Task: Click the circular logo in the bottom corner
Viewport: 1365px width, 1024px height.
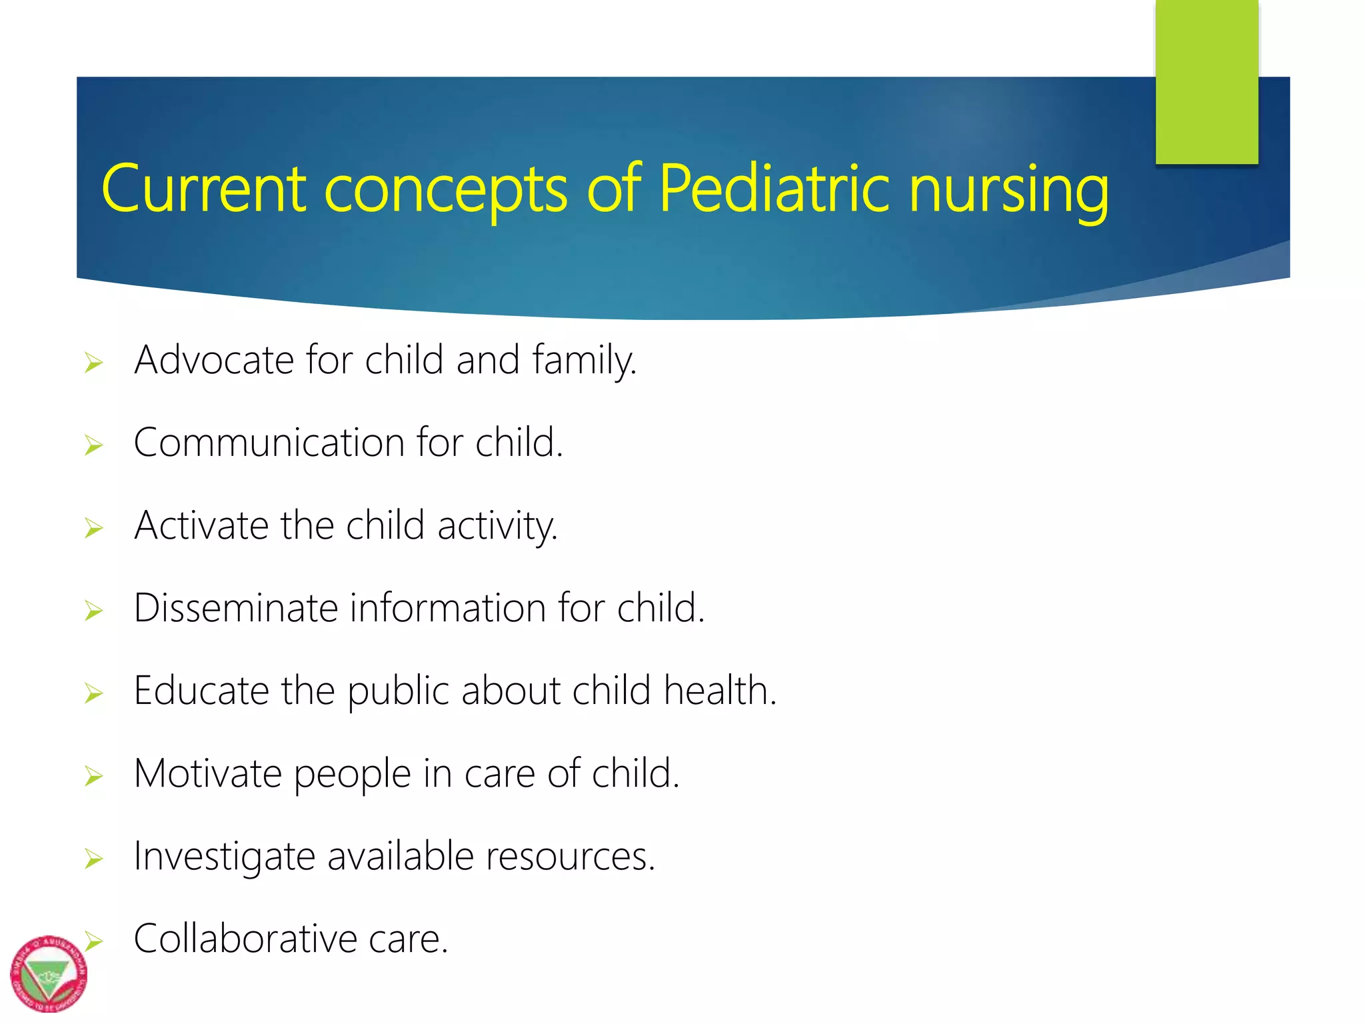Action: click(x=49, y=973)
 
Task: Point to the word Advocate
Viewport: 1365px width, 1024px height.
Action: click(x=214, y=360)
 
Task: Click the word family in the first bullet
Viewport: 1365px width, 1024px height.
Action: click(x=584, y=361)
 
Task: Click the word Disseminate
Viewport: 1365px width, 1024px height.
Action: click(x=236, y=608)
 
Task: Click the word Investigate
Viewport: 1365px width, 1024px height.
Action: click(x=224, y=857)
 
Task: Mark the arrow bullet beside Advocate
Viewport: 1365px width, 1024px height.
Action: click(x=94, y=363)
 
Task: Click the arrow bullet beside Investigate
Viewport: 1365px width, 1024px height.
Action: click(x=94, y=859)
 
